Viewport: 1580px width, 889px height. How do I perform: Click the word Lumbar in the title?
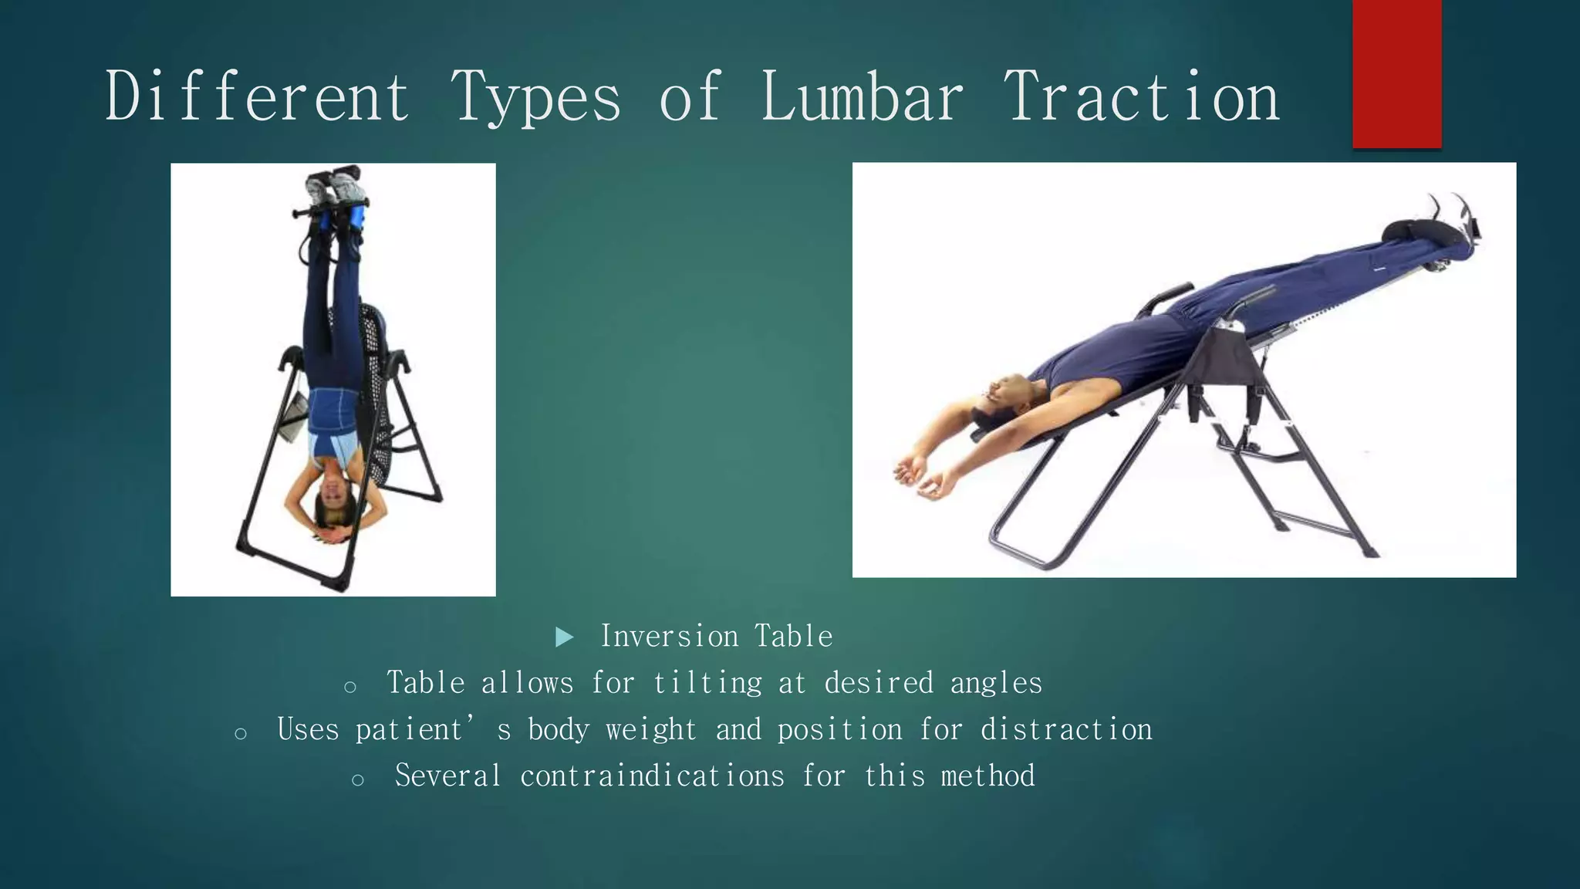(x=862, y=98)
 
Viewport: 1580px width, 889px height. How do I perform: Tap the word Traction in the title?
(x=1141, y=98)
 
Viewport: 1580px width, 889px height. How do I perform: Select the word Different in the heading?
(x=257, y=98)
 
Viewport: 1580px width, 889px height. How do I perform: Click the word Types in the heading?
(x=535, y=98)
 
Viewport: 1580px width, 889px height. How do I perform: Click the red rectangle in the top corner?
(x=1396, y=73)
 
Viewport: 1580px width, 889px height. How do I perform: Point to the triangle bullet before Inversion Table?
(x=565, y=637)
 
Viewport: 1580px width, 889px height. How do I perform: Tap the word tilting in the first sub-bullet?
(x=707, y=683)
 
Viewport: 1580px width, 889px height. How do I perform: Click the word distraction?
(x=1066, y=729)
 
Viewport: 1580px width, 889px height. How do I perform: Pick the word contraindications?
(x=652, y=776)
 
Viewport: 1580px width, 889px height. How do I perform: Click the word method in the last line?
(x=988, y=776)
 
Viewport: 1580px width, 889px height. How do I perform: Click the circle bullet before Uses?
(x=241, y=734)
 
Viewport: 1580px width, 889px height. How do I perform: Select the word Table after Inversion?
(x=794, y=637)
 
